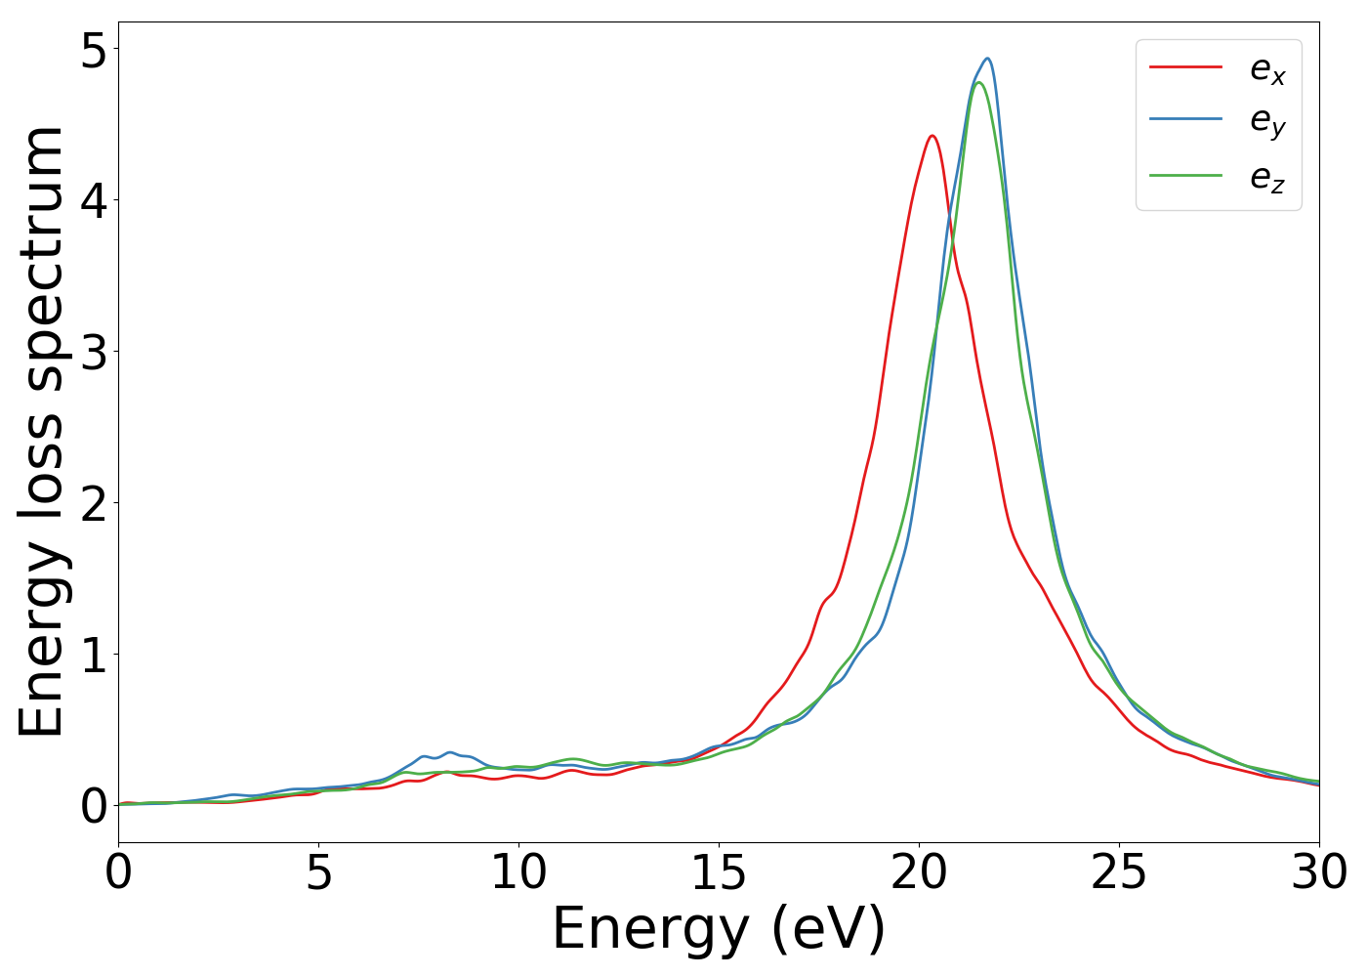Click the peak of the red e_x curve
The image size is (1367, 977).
[932, 136]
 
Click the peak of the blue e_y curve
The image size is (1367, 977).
[988, 59]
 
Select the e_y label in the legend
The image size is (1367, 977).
[1267, 122]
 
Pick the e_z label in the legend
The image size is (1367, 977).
[1267, 177]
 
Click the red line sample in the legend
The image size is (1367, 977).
[1185, 67]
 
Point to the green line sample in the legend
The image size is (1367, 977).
[1185, 176]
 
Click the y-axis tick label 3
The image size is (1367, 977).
[94, 353]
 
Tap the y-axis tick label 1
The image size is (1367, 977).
[94, 655]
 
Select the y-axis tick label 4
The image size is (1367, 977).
[94, 201]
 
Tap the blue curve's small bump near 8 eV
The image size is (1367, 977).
[449, 752]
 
